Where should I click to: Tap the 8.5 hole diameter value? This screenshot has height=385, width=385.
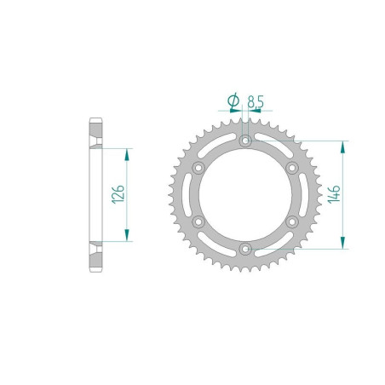255,103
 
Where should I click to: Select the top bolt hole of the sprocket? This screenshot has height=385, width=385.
244,141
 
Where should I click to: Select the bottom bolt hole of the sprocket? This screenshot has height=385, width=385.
244,249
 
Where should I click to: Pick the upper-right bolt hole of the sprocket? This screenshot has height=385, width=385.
291,168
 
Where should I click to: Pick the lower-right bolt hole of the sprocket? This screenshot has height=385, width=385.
291,221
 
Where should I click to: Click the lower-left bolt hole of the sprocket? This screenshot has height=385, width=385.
198,221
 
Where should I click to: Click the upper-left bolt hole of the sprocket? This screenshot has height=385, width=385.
198,168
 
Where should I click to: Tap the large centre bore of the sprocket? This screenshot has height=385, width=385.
244,194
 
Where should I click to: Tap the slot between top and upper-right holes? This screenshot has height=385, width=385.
272,148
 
